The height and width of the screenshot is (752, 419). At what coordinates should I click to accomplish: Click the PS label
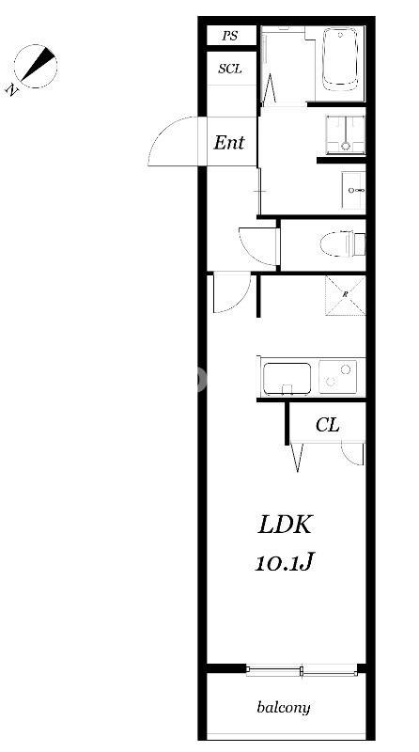[230, 36]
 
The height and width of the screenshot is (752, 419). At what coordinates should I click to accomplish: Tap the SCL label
[230, 69]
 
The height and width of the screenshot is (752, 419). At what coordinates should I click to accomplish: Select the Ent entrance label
[229, 143]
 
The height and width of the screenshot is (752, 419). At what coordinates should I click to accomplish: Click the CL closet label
[328, 425]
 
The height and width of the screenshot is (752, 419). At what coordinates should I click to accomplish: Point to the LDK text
[286, 525]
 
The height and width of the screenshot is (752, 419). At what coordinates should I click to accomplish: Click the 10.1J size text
[284, 562]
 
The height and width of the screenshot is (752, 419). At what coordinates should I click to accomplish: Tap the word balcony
[284, 708]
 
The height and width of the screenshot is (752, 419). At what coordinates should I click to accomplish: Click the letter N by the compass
[12, 88]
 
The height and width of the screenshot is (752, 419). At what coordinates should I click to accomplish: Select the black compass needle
[38, 63]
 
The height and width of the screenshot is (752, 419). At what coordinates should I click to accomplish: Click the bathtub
[340, 58]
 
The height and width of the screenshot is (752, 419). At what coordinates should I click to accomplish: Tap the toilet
[342, 243]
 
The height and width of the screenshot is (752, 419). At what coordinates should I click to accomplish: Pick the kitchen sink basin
[287, 379]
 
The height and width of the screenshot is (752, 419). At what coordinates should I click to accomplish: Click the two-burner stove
[338, 377]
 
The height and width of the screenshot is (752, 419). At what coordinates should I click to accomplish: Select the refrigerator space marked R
[345, 295]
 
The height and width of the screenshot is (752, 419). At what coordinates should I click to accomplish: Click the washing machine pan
[345, 134]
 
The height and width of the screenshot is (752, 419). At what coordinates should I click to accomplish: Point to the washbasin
[354, 191]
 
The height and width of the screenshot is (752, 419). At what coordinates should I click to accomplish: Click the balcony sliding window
[302, 670]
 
